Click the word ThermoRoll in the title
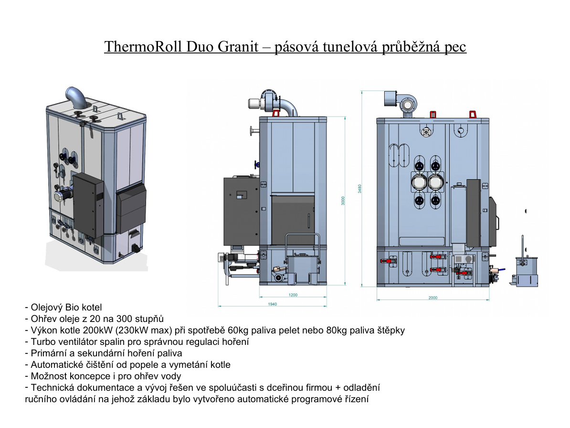(x=145, y=46)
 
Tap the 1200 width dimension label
(x=293, y=295)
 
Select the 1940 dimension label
(x=272, y=304)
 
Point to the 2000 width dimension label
(x=433, y=298)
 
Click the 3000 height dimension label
(x=343, y=201)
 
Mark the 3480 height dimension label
(x=359, y=189)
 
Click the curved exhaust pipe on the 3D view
(x=76, y=96)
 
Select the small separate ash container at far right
(x=526, y=269)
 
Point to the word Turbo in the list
(x=42, y=342)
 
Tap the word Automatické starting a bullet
(x=58, y=365)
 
